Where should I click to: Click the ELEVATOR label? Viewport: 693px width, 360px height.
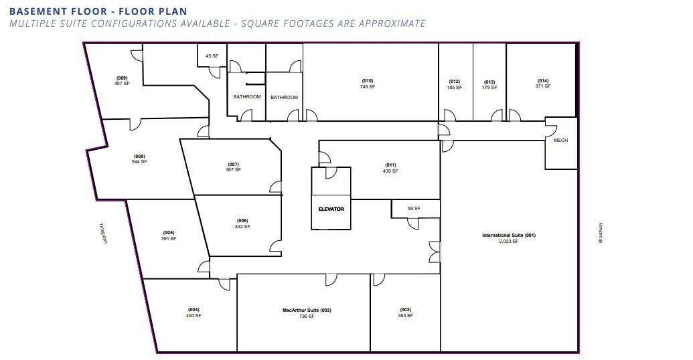(331, 209)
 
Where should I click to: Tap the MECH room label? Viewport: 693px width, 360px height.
(560, 141)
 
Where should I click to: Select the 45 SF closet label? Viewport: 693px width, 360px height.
(212, 56)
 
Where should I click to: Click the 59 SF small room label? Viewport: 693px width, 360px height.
(414, 209)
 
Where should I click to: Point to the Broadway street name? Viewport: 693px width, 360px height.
(601, 232)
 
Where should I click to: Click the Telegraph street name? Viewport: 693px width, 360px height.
(103, 233)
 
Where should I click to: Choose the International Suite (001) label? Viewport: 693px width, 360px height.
(509, 236)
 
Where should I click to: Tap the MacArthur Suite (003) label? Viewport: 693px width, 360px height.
(307, 310)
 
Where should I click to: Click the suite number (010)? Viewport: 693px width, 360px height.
(367, 81)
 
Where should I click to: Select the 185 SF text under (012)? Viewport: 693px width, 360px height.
(455, 88)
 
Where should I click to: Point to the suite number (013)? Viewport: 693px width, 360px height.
(489, 82)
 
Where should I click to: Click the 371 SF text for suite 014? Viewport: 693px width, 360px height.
(542, 86)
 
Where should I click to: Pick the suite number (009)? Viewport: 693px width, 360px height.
(121, 78)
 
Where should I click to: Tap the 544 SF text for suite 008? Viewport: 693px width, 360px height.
(139, 162)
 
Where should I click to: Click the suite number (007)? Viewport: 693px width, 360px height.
(233, 164)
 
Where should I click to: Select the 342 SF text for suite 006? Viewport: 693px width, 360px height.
(242, 227)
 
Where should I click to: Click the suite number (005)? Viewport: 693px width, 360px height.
(168, 233)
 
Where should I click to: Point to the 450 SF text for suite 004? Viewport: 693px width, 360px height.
(194, 316)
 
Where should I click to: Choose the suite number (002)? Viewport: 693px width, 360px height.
(405, 309)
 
